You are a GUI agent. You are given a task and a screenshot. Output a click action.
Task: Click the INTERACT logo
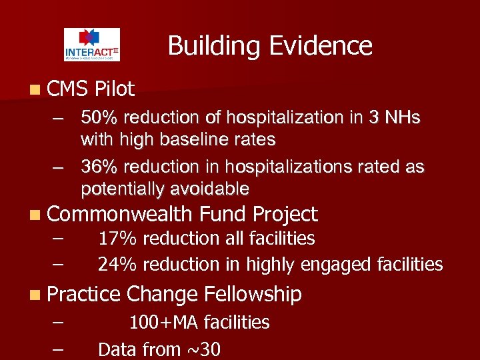92,45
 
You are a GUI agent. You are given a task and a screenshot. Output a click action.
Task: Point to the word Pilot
115,89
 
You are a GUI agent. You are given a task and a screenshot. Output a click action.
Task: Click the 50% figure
99,118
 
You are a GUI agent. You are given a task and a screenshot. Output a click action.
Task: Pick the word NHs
402,118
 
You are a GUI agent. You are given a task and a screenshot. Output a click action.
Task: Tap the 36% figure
99,167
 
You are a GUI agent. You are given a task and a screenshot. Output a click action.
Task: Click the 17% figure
117,238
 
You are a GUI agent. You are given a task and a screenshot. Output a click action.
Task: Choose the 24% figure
117,265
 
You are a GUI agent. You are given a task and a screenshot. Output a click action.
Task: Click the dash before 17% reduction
57,238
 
